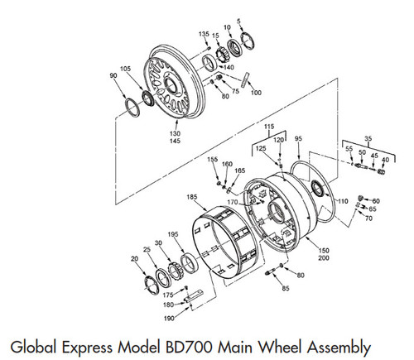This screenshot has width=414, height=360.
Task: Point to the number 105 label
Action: coord(125,69)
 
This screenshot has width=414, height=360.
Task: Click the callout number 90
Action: coord(114,75)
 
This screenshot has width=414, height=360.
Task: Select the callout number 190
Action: coord(170,318)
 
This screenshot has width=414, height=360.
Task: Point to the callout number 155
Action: coord(213,159)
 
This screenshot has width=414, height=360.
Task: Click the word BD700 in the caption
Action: coord(190,343)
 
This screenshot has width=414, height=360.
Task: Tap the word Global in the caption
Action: coord(32,343)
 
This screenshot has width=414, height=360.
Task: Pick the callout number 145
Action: coord(176,141)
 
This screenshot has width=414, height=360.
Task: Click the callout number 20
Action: coord(134,258)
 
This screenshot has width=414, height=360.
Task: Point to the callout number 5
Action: coord(239,19)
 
